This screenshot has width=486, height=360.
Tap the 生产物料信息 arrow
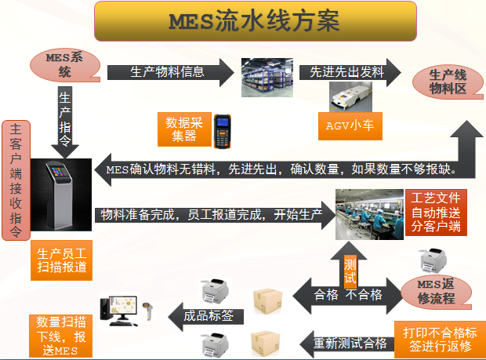point(169,72)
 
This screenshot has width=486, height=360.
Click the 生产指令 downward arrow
point(64,122)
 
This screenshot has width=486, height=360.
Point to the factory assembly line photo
point(368,213)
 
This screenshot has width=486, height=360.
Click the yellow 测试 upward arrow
point(350,263)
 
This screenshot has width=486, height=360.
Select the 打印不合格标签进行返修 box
point(435,338)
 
